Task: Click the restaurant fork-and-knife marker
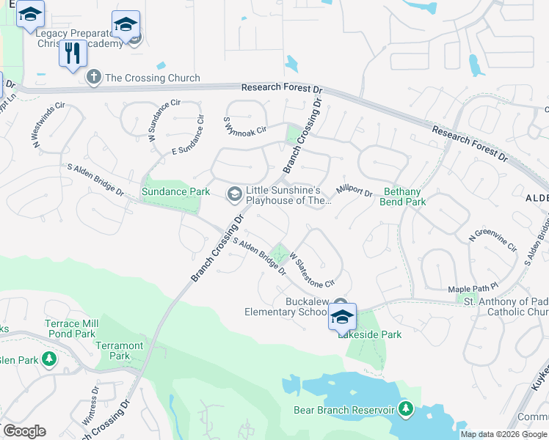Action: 73,54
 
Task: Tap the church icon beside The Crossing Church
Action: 93,77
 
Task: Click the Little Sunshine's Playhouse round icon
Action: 234,193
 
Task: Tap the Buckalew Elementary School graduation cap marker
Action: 342,318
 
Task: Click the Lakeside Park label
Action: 369,334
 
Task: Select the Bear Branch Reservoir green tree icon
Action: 404,409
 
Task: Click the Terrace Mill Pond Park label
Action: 70,329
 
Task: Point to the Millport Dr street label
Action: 355,191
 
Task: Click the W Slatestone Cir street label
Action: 312,271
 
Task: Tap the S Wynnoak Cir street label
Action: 244,125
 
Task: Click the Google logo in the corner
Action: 24,431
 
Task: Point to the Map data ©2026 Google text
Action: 503,434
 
